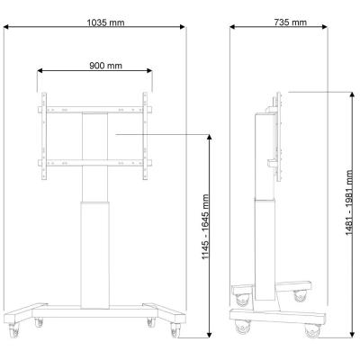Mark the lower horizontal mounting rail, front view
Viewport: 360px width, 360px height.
(94, 162)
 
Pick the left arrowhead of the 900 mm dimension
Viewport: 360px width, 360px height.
(40, 75)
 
